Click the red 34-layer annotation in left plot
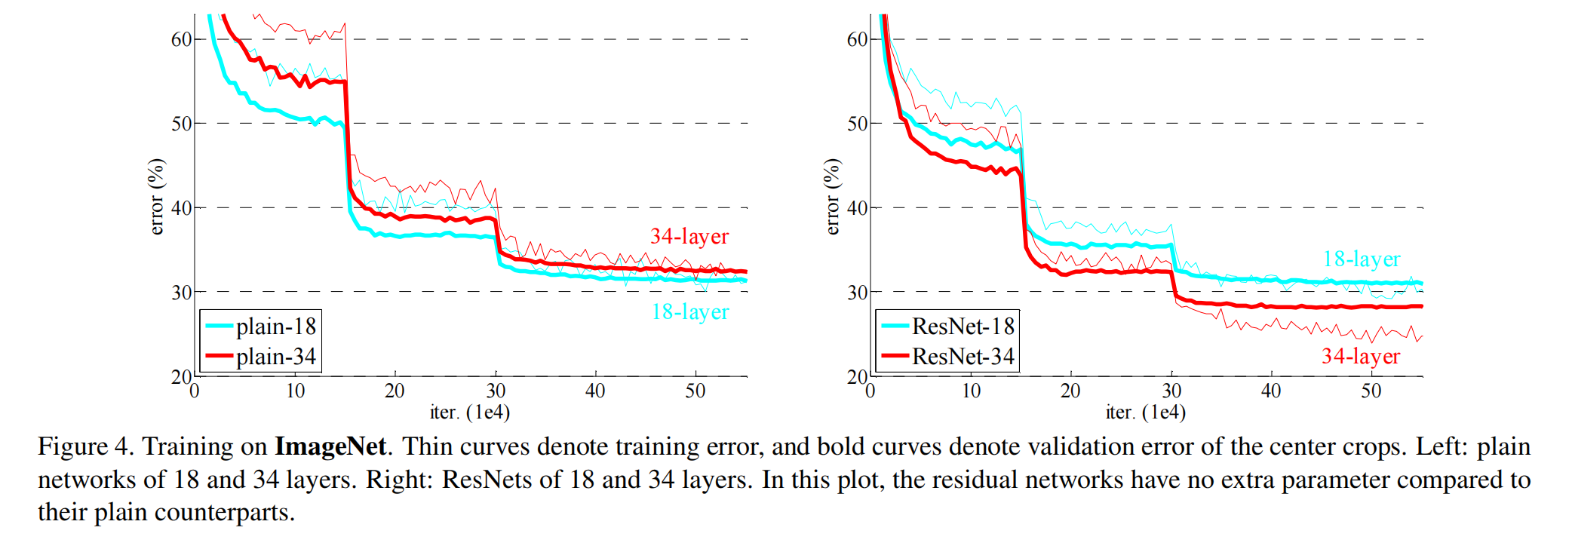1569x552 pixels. point(689,237)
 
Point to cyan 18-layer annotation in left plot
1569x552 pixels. point(690,311)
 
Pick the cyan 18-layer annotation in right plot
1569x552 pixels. point(1362,259)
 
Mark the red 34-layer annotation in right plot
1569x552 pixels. point(1361,356)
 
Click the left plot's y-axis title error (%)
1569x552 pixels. point(156,197)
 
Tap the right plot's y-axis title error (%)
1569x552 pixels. point(832,197)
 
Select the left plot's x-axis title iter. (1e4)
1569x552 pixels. point(470,412)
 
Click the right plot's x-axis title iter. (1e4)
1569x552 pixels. point(1146,412)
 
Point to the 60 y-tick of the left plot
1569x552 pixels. point(182,39)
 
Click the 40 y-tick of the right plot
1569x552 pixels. point(858,208)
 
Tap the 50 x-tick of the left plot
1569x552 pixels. point(695,391)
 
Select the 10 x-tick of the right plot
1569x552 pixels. point(971,391)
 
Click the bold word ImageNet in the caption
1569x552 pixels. point(330,446)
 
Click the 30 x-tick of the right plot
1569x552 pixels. point(1171,391)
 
